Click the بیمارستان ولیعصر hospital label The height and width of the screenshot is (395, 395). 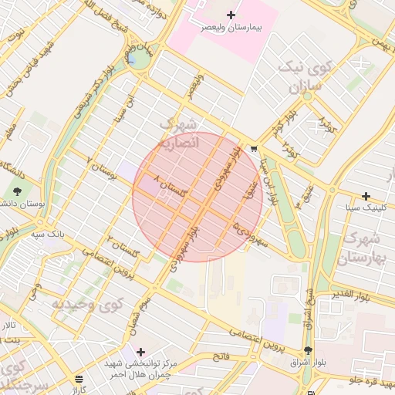pos(232,27)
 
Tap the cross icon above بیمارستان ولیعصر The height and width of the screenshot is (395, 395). pos(231,15)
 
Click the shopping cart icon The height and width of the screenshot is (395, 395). pos(254,150)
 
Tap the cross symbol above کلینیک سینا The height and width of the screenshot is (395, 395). pos(366,196)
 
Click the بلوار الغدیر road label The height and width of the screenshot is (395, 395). pos(366,295)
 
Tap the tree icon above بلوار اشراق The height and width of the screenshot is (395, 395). pos(309,350)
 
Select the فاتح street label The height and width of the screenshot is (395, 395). pos(222,356)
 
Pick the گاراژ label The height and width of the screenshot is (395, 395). pos(79,390)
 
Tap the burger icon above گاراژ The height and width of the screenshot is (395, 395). pos(79,379)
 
